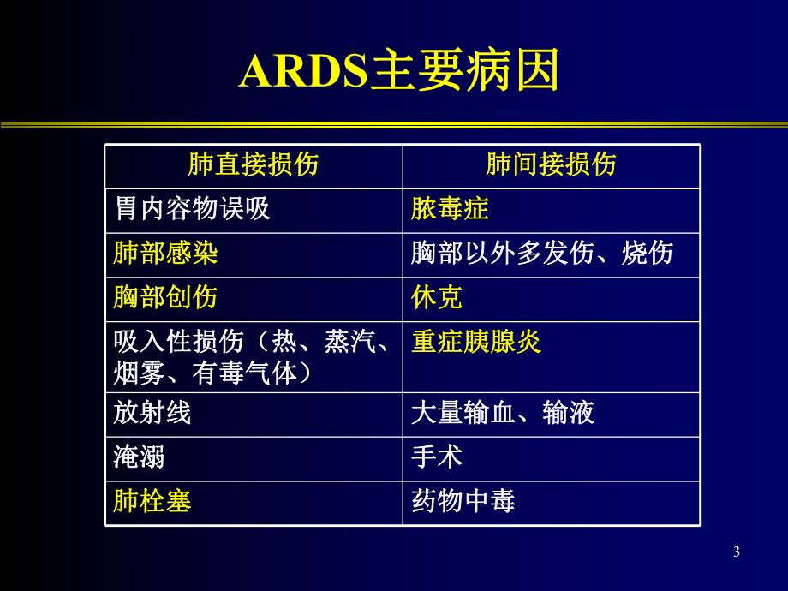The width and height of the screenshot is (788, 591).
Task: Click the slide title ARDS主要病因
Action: pyautogui.click(x=398, y=73)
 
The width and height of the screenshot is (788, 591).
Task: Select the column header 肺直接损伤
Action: pyautogui.click(x=253, y=164)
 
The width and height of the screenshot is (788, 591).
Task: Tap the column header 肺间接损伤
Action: pyautogui.click(x=551, y=164)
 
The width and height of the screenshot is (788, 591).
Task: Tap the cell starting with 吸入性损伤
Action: pyautogui.click(x=253, y=356)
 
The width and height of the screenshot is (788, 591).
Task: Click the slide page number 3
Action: pyautogui.click(x=737, y=552)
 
